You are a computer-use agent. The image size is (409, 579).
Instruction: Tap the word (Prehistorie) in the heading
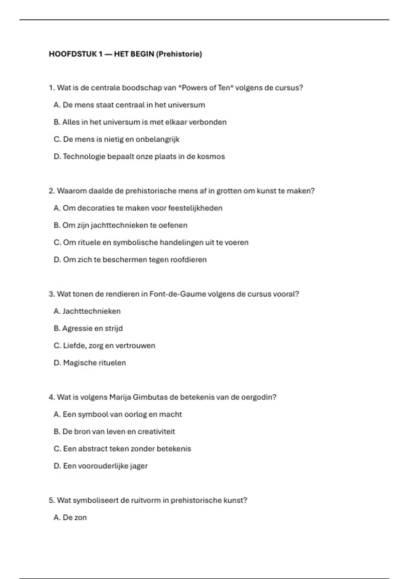point(179,54)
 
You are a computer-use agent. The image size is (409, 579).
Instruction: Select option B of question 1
point(140,122)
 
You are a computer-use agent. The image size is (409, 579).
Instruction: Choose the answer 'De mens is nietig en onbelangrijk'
point(117,139)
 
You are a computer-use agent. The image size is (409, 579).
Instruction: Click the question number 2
point(51,191)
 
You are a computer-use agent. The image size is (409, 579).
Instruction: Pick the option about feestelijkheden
point(138,208)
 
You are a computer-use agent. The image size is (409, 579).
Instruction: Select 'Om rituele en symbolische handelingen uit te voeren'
point(151,242)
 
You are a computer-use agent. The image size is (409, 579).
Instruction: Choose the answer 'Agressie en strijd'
point(88,329)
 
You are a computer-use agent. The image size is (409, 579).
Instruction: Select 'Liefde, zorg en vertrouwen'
point(104,346)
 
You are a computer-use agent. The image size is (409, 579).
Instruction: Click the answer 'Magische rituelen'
point(90,363)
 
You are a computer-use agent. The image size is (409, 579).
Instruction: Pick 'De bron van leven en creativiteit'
point(115,432)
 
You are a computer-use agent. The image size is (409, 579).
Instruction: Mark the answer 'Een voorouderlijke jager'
point(101,466)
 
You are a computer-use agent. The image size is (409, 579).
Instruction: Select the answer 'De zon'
point(70,518)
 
